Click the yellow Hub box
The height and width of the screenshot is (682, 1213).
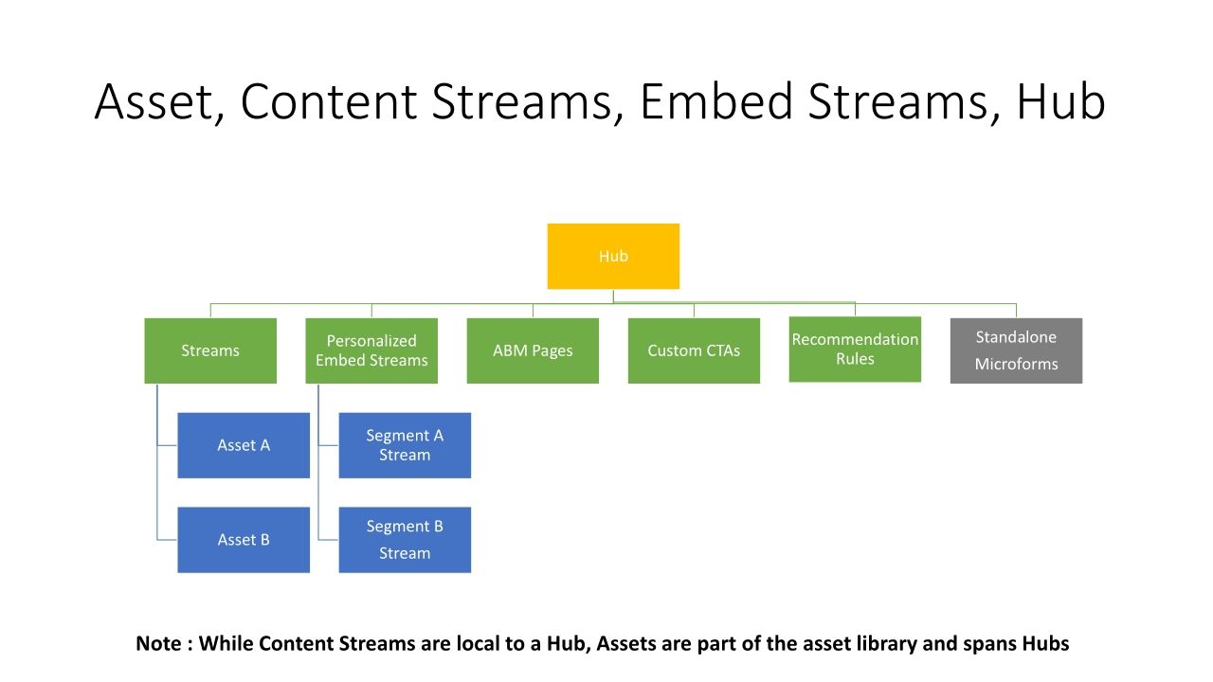coord(613,256)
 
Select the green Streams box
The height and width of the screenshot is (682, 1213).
coord(210,350)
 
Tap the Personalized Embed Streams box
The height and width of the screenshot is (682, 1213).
coord(371,350)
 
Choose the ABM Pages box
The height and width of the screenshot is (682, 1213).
coord(533,350)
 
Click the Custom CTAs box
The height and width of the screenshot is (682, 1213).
coord(694,350)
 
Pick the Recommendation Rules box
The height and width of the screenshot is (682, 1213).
coord(855,350)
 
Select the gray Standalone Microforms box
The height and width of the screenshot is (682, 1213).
coord(1016,350)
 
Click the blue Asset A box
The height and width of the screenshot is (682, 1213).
coord(244,445)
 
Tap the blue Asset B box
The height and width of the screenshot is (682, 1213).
coord(244,540)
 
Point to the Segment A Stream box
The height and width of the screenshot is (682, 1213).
coord(405,445)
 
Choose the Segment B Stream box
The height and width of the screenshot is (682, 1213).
coord(405,540)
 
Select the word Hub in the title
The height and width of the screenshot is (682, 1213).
coord(1060,102)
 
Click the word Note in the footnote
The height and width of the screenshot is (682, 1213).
coord(159,644)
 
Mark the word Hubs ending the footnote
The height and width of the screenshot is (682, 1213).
coord(1045,644)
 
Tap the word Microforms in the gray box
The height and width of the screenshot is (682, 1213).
coord(1016,365)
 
